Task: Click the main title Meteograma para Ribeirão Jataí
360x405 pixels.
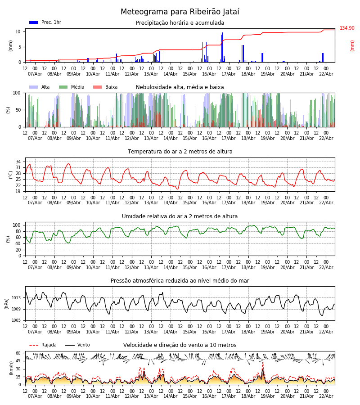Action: pyautogui.click(x=180, y=12)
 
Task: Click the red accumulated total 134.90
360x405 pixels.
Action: pyautogui.click(x=347, y=28)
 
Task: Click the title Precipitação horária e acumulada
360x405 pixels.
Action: pyautogui.click(x=180, y=23)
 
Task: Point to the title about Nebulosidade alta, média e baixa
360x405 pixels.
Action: pyautogui.click(x=180, y=87)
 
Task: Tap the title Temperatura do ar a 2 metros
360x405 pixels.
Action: pyautogui.click(x=180, y=152)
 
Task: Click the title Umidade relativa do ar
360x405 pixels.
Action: pyautogui.click(x=180, y=216)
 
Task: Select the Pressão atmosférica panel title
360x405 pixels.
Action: pyautogui.click(x=180, y=281)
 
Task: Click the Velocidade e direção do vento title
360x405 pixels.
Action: pyautogui.click(x=180, y=345)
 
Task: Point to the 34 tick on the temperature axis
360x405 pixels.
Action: pyautogui.click(x=18, y=162)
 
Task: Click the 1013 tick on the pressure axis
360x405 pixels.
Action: pyautogui.click(x=16, y=297)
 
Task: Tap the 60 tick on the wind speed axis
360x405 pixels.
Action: pyautogui.click(x=18, y=353)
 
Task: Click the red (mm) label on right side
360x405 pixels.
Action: pyautogui.click(x=352, y=45)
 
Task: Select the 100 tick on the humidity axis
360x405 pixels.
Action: pyautogui.click(x=17, y=225)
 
